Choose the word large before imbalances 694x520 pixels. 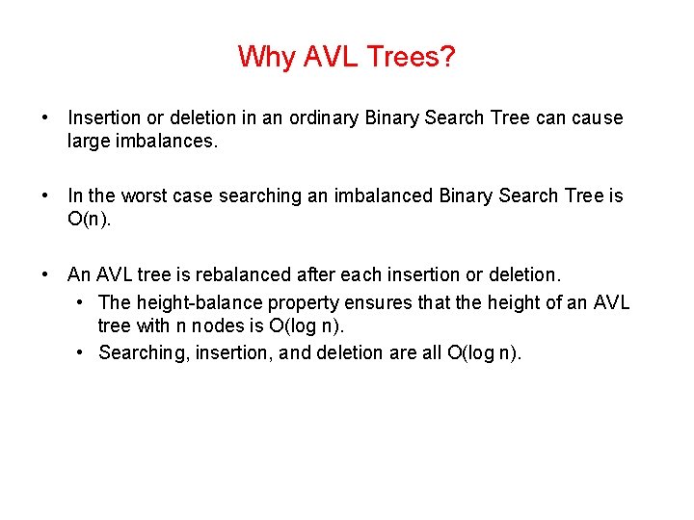pyautogui.click(x=89, y=142)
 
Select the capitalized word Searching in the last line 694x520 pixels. pyautogui.click(x=144, y=352)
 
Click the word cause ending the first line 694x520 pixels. pyautogui.click(x=599, y=117)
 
